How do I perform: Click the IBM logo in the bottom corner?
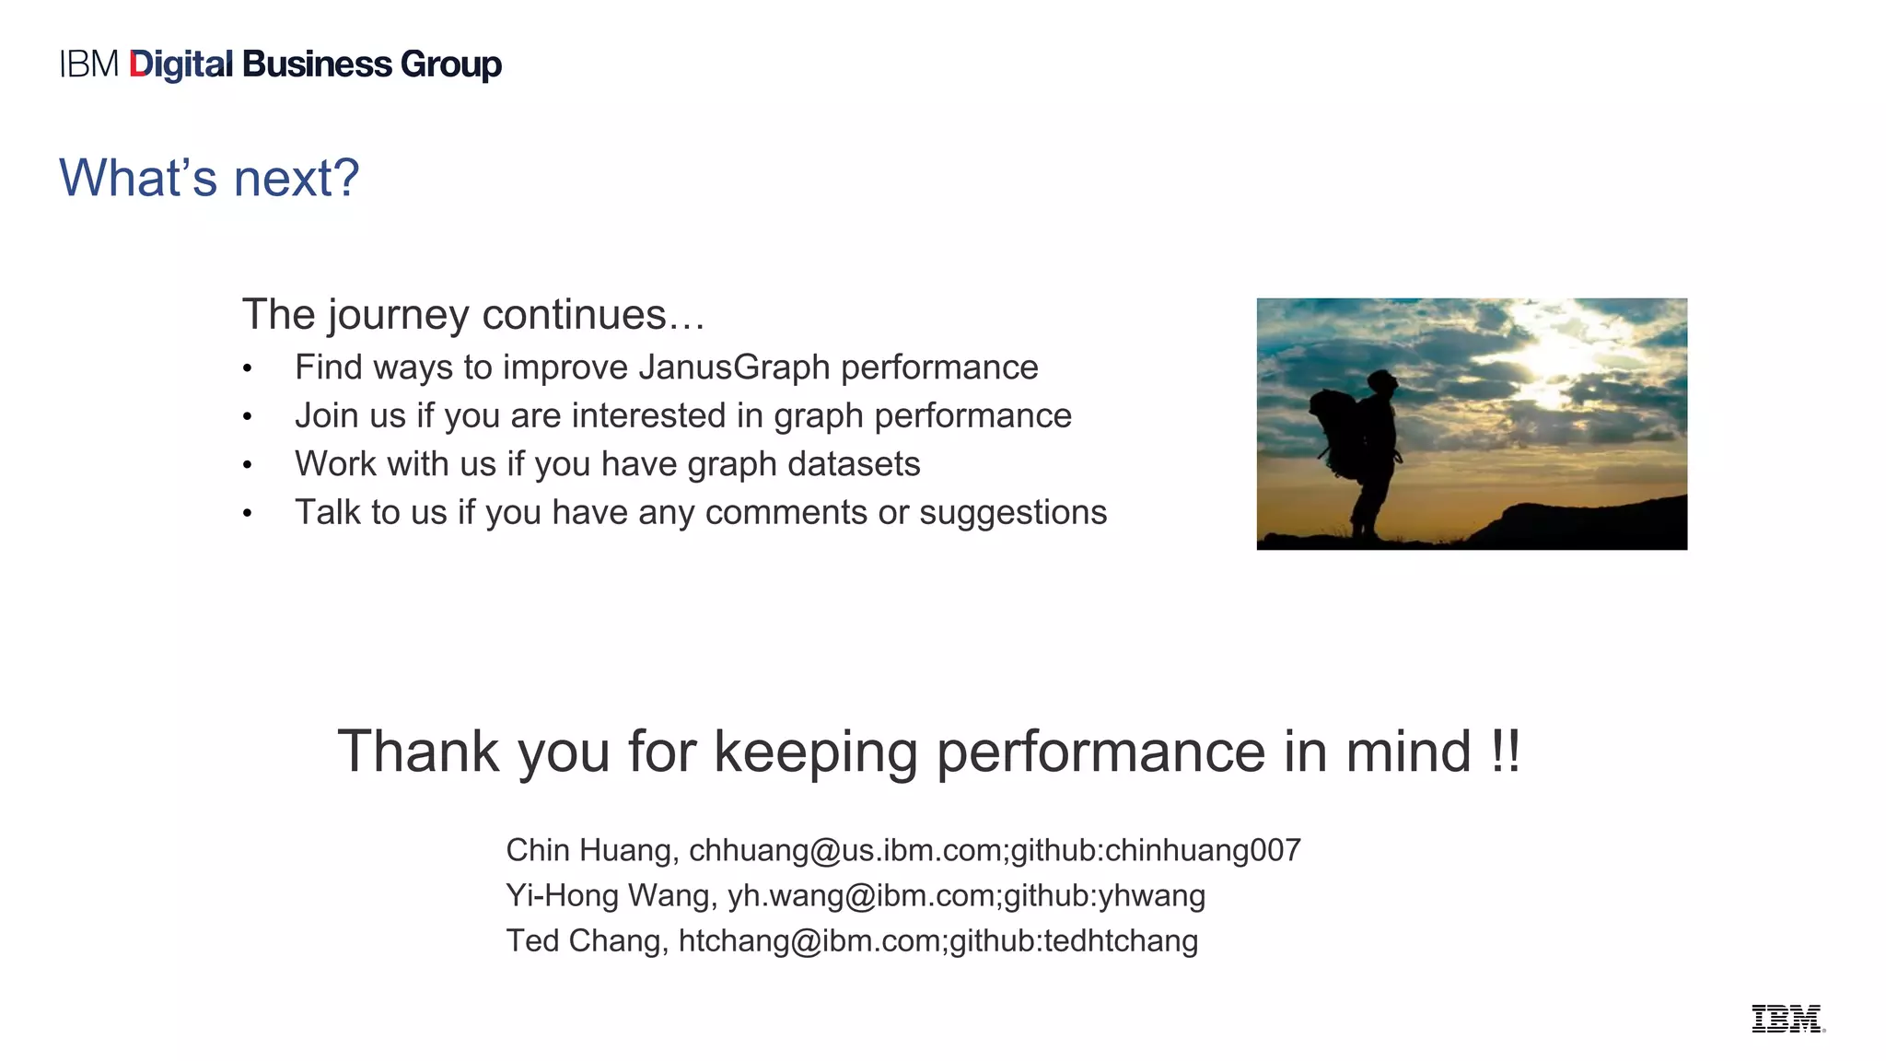(1787, 1019)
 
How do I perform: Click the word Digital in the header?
(181, 64)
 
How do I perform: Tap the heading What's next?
(209, 177)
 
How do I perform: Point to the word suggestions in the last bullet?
(1013, 513)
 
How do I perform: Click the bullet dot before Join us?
(247, 417)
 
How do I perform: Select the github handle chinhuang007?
(1203, 850)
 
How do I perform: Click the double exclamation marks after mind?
(1505, 752)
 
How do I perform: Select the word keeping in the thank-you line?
(816, 752)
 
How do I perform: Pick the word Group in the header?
(451, 64)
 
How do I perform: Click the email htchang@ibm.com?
(809, 941)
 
